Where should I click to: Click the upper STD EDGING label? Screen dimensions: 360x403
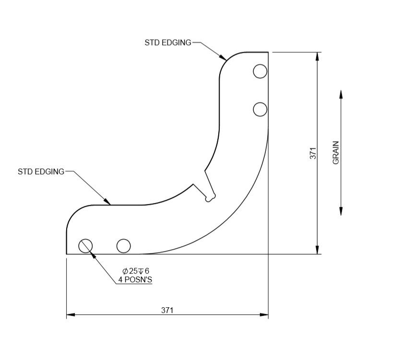[x=167, y=43]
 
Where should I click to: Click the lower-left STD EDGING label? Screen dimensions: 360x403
[x=41, y=171]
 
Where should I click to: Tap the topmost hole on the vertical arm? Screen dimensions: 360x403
[x=260, y=72]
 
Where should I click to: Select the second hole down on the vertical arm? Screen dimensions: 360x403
[x=260, y=109]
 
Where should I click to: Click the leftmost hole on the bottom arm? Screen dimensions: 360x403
[x=85, y=246]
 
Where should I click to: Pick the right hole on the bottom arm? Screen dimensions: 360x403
[x=123, y=246]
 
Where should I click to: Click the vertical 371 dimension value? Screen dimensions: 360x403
[x=313, y=153]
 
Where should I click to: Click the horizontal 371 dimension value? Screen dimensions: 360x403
[x=167, y=310]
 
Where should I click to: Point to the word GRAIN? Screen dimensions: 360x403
[x=336, y=153]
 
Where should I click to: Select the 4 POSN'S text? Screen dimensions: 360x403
[x=135, y=279]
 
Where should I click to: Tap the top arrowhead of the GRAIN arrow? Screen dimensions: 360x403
[x=341, y=94]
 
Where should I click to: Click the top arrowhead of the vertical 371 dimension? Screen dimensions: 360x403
[x=317, y=56]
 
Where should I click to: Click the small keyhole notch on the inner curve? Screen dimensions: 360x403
[x=209, y=197]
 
